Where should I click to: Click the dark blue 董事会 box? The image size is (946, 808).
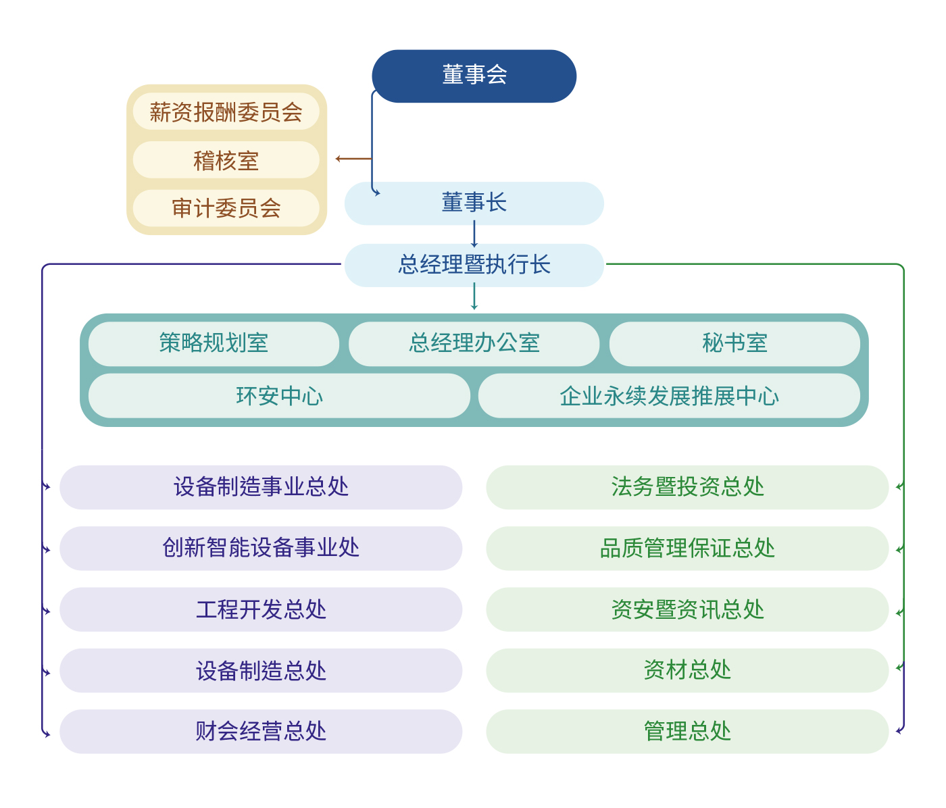coord(474,76)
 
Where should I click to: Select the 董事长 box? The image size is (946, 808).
coord(474,203)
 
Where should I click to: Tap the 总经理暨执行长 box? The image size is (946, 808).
coord(474,265)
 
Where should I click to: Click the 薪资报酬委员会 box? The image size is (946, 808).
coord(226,112)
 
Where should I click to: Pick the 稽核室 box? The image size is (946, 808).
coord(226,160)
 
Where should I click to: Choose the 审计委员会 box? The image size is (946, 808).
coord(226,208)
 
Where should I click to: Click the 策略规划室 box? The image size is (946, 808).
coord(214,343)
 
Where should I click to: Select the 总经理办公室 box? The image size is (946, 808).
coord(474,343)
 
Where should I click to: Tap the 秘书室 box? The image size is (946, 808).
coord(735,343)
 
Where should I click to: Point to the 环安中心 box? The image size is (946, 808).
coord(279,396)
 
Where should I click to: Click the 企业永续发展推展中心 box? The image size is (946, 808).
coord(669,396)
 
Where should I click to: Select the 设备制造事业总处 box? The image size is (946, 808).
coord(261,487)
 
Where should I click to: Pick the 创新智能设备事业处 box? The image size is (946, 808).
coord(261,548)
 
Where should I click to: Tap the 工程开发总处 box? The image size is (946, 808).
coord(261,609)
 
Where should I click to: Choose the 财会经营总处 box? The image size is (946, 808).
coord(261,731)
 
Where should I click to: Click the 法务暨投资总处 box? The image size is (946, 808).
coord(687,487)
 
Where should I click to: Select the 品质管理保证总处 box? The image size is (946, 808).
coord(687,548)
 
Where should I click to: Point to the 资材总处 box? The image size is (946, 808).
coord(687,670)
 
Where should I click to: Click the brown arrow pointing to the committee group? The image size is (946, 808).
coord(353,159)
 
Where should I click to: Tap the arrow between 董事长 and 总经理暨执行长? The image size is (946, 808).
coord(474,234)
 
